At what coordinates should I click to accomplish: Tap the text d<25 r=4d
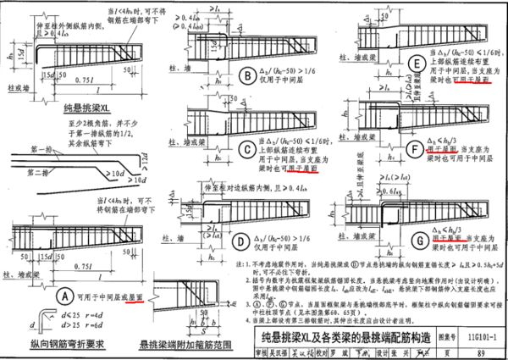tap(66, 314)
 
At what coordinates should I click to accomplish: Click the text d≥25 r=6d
tap(66, 325)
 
